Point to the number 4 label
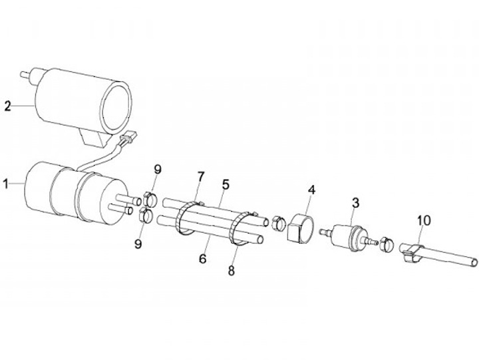pos(310,189)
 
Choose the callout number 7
pos(200,176)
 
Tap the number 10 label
pos(424,220)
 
